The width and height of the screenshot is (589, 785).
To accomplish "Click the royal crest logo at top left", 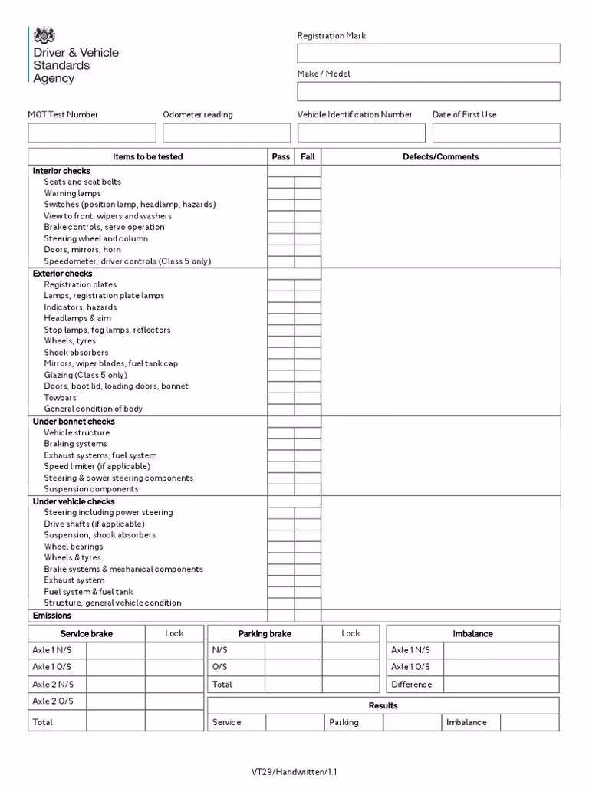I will point(44,34).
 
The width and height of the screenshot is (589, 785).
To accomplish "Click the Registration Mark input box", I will point(429,53).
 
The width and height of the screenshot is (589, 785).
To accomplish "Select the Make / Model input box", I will point(429,91).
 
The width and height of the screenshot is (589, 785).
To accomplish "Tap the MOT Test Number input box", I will point(91,133).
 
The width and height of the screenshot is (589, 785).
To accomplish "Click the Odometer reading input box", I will point(226,133).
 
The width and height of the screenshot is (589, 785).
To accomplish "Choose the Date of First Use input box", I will point(496,133).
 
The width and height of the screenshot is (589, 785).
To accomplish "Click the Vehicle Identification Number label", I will point(354,115).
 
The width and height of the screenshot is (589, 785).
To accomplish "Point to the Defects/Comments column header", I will point(440,157).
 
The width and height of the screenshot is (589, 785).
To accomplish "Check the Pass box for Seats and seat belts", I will point(281,182).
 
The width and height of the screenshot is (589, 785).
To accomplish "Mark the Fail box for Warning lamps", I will point(308,194).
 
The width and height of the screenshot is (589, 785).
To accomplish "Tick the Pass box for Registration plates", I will point(281,285).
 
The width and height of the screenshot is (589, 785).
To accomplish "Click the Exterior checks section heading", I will point(62,274).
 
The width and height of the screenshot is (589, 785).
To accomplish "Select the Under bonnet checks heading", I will point(74,422).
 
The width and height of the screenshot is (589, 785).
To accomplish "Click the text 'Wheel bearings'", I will point(74,547).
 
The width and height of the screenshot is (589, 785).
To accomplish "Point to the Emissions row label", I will point(52,616).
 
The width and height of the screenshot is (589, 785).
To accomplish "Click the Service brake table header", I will point(86,634).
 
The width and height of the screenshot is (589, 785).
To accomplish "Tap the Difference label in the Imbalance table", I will point(412,685).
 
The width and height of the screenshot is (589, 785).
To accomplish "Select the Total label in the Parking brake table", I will point(222,685).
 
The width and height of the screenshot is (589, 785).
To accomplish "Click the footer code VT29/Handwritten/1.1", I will point(294,772).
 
